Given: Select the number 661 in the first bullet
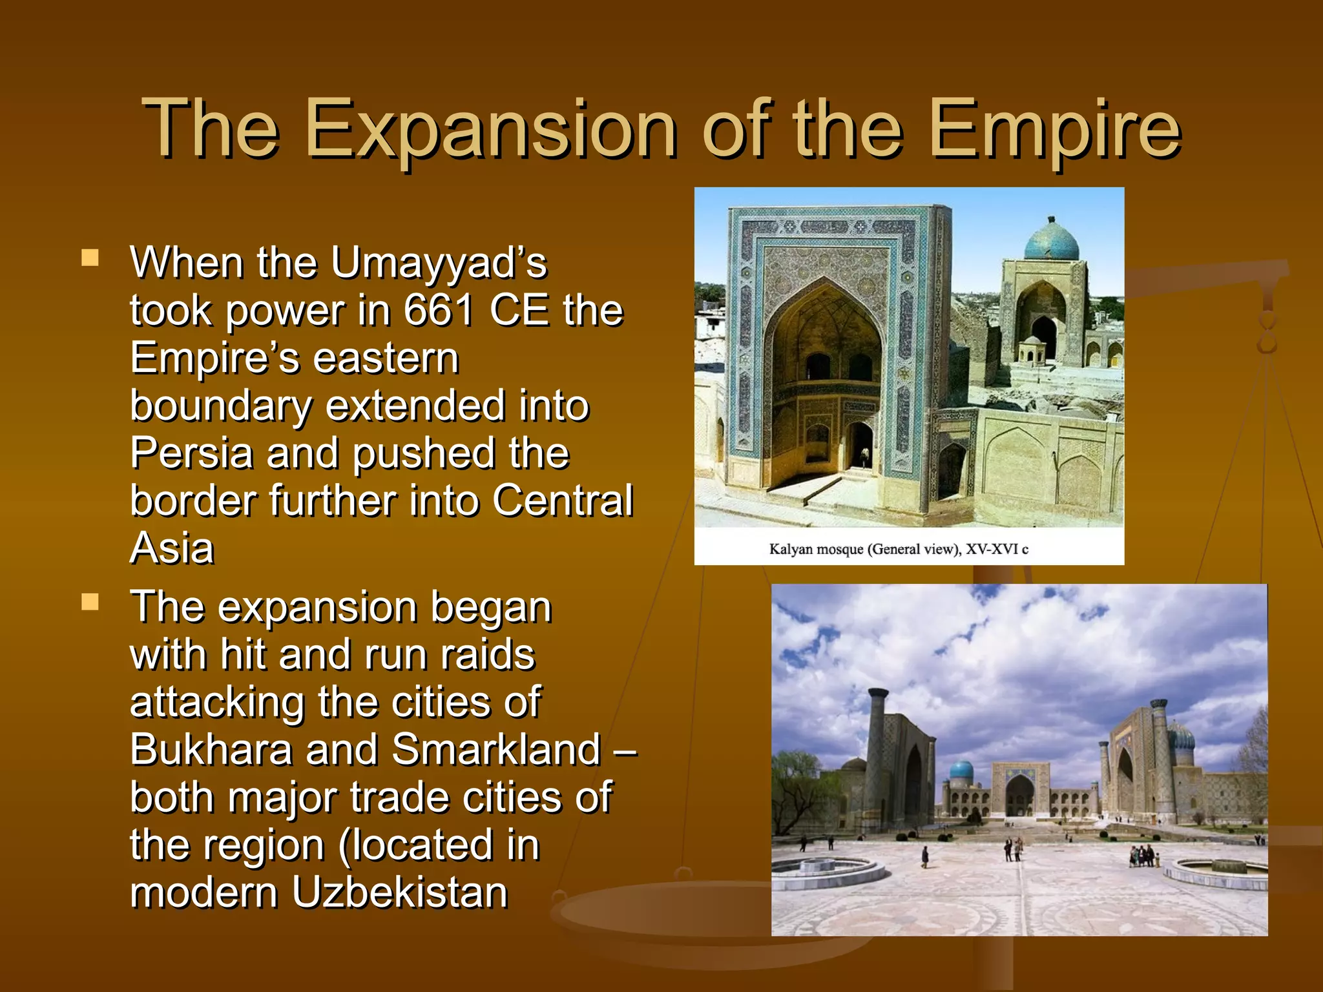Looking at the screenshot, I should click(x=439, y=311).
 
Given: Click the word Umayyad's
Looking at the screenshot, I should click(x=439, y=263).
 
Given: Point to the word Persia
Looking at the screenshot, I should click(x=191, y=453).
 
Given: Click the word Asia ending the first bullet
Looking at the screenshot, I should click(x=172, y=548).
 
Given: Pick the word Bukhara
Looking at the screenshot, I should click(x=211, y=750).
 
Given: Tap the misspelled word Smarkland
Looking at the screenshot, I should click(x=496, y=750).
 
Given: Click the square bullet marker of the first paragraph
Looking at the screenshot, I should click(x=90, y=258).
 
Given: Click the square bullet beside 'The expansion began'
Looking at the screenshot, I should click(x=90, y=603).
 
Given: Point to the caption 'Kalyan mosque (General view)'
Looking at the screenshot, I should click(x=898, y=550).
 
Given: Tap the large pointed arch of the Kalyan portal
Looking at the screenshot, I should click(x=826, y=336).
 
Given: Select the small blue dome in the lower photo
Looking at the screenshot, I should click(x=961, y=770).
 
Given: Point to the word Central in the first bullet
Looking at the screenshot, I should click(x=562, y=501).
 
